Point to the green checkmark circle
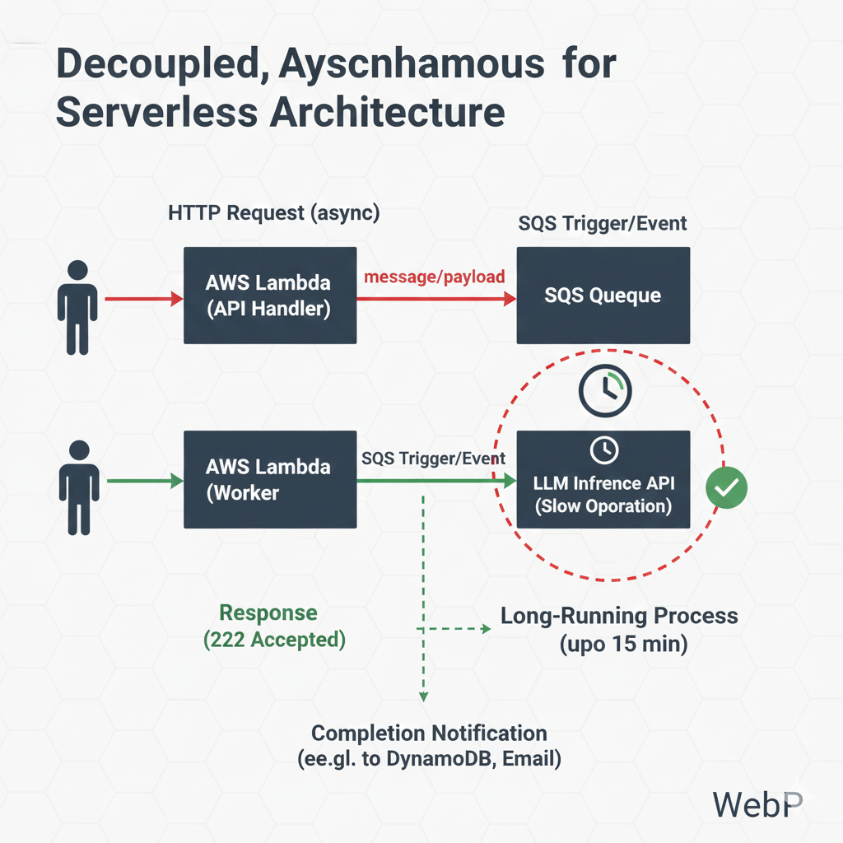point(726,489)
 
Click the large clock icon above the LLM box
point(604,389)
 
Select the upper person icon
point(77,307)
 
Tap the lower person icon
point(79,487)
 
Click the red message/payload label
point(435,277)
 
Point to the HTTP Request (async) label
point(273,213)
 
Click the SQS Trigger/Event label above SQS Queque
point(603,223)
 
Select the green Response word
point(268,613)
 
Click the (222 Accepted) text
point(274,639)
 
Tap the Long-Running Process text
point(619,616)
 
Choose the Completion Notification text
point(429,734)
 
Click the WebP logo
point(756,804)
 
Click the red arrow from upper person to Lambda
point(141,300)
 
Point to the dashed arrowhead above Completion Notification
point(423,696)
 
